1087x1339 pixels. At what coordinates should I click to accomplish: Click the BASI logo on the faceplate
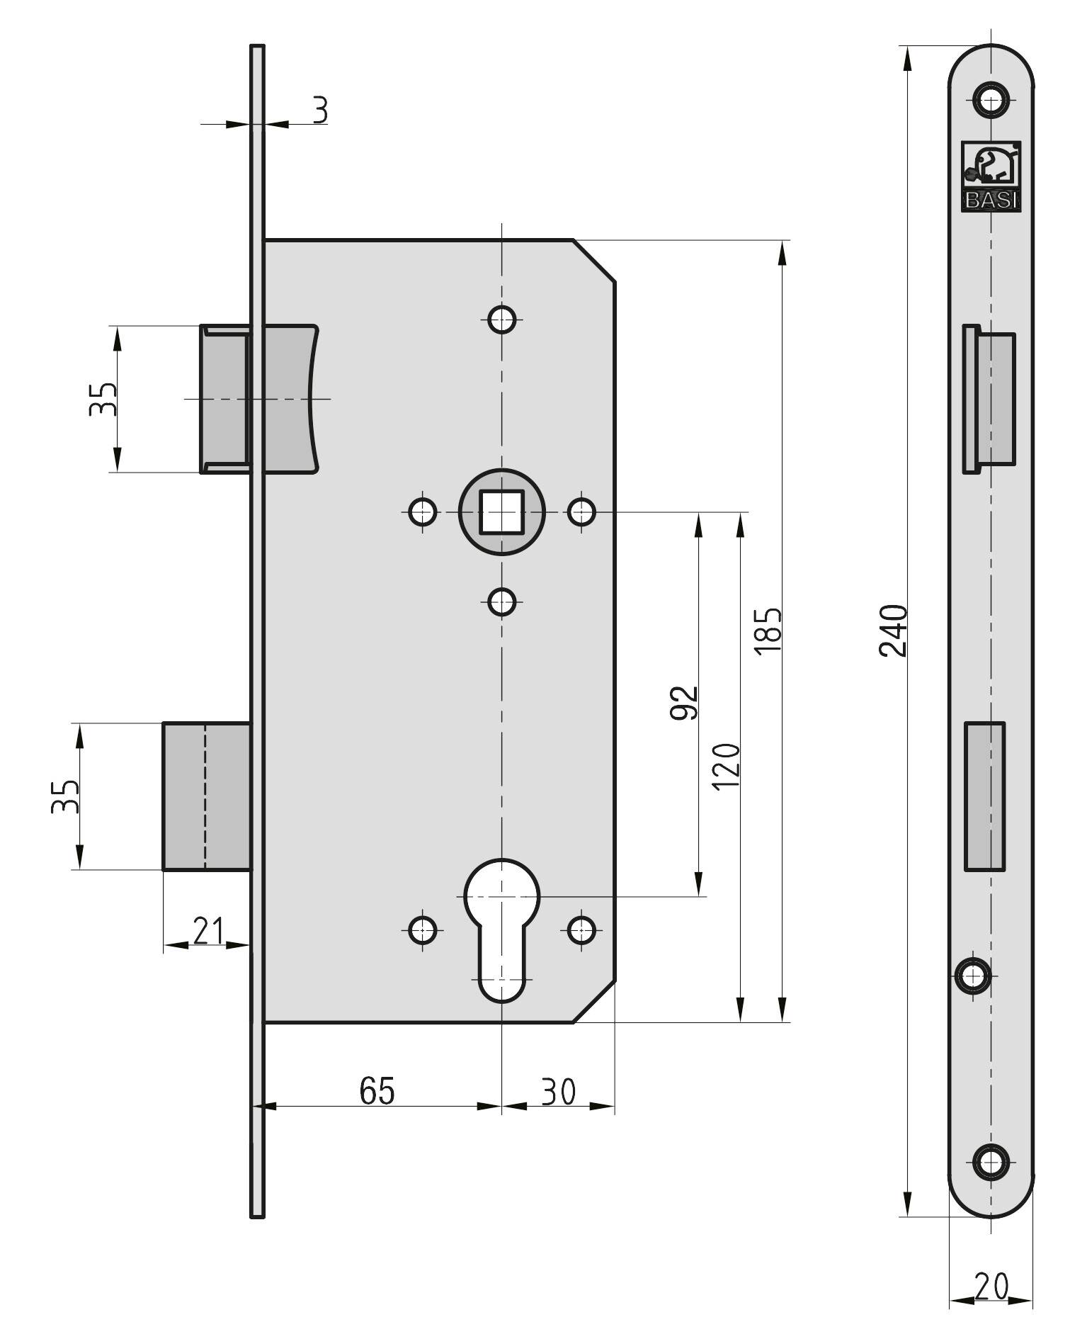tap(991, 176)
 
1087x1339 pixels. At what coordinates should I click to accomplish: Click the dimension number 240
tap(893, 631)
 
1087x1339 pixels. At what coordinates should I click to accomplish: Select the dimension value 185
tap(768, 631)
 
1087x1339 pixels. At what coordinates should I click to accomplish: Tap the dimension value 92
tap(684, 703)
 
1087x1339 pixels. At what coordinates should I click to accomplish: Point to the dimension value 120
tap(727, 767)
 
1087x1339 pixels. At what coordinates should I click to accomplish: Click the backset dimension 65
tap(377, 1090)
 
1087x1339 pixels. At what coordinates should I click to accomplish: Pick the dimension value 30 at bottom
tap(559, 1092)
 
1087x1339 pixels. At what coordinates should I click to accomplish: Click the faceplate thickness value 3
tap(321, 111)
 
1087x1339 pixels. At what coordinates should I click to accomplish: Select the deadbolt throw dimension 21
tap(208, 931)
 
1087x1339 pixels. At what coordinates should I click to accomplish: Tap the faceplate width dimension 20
tap(991, 1287)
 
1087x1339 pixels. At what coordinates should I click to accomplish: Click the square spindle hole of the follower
tap(502, 512)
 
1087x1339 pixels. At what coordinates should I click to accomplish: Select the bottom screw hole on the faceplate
tap(991, 1161)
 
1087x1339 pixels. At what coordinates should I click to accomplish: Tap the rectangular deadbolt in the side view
tap(207, 796)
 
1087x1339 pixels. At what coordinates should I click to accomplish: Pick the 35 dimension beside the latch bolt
tap(102, 399)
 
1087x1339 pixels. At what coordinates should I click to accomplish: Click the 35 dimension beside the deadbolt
tap(64, 796)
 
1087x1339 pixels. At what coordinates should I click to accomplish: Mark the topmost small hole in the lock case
tap(502, 319)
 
